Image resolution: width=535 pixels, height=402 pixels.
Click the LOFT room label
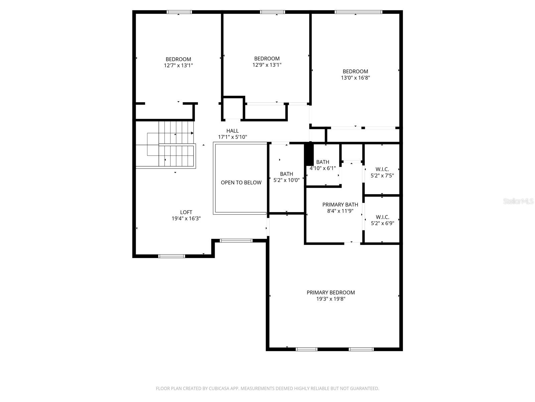click(x=186, y=212)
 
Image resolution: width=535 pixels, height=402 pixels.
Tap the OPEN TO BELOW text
click(x=241, y=183)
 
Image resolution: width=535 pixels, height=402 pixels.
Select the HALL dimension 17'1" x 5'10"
click(x=232, y=137)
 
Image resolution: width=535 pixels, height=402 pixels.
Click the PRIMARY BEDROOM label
click(x=331, y=292)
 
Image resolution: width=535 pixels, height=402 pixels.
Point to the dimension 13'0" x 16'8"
click(x=355, y=78)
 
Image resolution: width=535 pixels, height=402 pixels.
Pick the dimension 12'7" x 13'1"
click(x=178, y=66)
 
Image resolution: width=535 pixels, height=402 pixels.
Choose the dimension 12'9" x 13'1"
click(x=266, y=65)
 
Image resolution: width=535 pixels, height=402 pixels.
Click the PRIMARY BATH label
click(x=340, y=205)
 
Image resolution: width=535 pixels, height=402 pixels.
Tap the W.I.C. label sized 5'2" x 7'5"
click(x=382, y=170)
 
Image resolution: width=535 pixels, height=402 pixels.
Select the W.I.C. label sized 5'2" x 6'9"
click(x=382, y=217)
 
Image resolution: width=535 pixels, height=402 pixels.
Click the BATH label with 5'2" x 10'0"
click(x=286, y=174)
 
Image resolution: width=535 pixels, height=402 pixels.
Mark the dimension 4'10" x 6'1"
click(x=323, y=169)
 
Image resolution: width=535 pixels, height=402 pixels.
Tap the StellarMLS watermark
click(x=518, y=201)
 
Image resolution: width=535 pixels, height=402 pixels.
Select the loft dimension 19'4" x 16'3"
click(x=186, y=218)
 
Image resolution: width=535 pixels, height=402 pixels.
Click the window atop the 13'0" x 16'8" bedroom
click(x=358, y=12)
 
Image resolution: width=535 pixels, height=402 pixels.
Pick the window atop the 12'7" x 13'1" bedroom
click(x=179, y=12)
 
